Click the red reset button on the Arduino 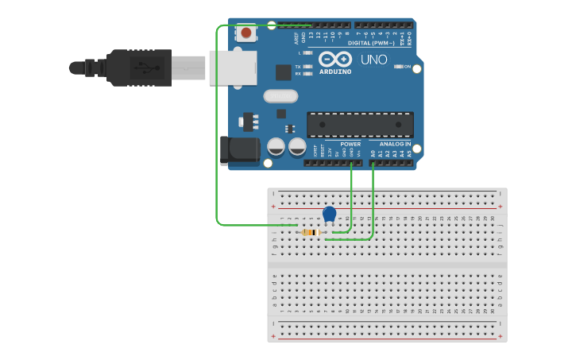[x=246, y=33]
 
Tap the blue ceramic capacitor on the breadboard [x=330, y=214]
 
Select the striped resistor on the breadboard [x=312, y=232]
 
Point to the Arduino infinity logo [x=334, y=59]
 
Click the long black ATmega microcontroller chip [x=360, y=124]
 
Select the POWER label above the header [x=350, y=144]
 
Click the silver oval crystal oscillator [x=280, y=96]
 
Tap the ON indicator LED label [x=408, y=67]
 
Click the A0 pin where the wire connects [x=373, y=163]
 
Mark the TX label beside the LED [x=298, y=67]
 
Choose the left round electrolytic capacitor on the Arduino [x=276, y=147]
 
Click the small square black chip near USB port [x=284, y=72]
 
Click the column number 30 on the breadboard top [x=492, y=218]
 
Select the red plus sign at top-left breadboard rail [x=273, y=207]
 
